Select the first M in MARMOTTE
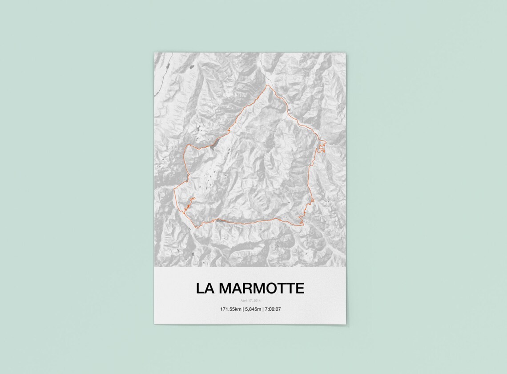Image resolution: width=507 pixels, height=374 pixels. [226, 289]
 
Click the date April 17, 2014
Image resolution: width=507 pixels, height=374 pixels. [250, 301]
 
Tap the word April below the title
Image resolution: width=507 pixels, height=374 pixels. [244, 301]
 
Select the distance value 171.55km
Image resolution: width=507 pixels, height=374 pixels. [230, 309]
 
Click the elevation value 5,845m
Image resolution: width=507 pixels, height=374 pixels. [252, 309]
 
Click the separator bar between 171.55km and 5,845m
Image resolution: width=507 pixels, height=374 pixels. [242, 309]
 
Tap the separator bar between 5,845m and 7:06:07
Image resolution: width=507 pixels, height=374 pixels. [262, 309]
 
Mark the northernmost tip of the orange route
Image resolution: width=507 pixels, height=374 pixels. [267, 85]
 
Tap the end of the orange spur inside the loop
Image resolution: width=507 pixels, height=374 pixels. [194, 198]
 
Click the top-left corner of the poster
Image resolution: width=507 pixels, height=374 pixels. [154, 53]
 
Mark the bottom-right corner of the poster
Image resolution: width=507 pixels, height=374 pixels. [346, 324]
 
